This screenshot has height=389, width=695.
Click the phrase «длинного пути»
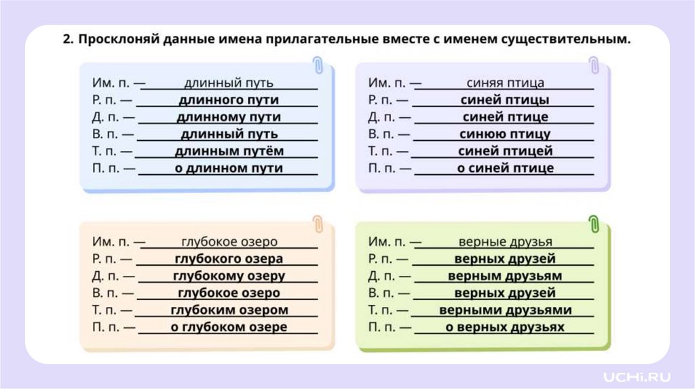point(229,100)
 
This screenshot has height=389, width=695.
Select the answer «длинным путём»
point(229,151)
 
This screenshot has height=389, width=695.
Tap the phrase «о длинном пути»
point(229,168)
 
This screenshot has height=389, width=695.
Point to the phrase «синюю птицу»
point(505,134)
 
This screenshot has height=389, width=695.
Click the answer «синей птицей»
point(505,151)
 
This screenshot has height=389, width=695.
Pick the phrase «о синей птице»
point(505,168)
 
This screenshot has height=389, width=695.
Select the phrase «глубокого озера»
point(229,259)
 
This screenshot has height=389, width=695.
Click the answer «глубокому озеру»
point(229,276)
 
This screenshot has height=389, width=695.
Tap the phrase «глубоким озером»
point(229,310)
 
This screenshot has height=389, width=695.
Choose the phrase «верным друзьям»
point(505,276)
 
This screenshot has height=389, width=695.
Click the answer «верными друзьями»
point(505,310)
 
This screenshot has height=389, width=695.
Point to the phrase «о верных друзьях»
point(505,327)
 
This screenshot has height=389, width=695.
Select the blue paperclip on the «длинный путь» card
point(318,66)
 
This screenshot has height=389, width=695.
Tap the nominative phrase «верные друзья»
point(505,242)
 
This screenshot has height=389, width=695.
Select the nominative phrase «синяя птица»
point(505,83)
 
